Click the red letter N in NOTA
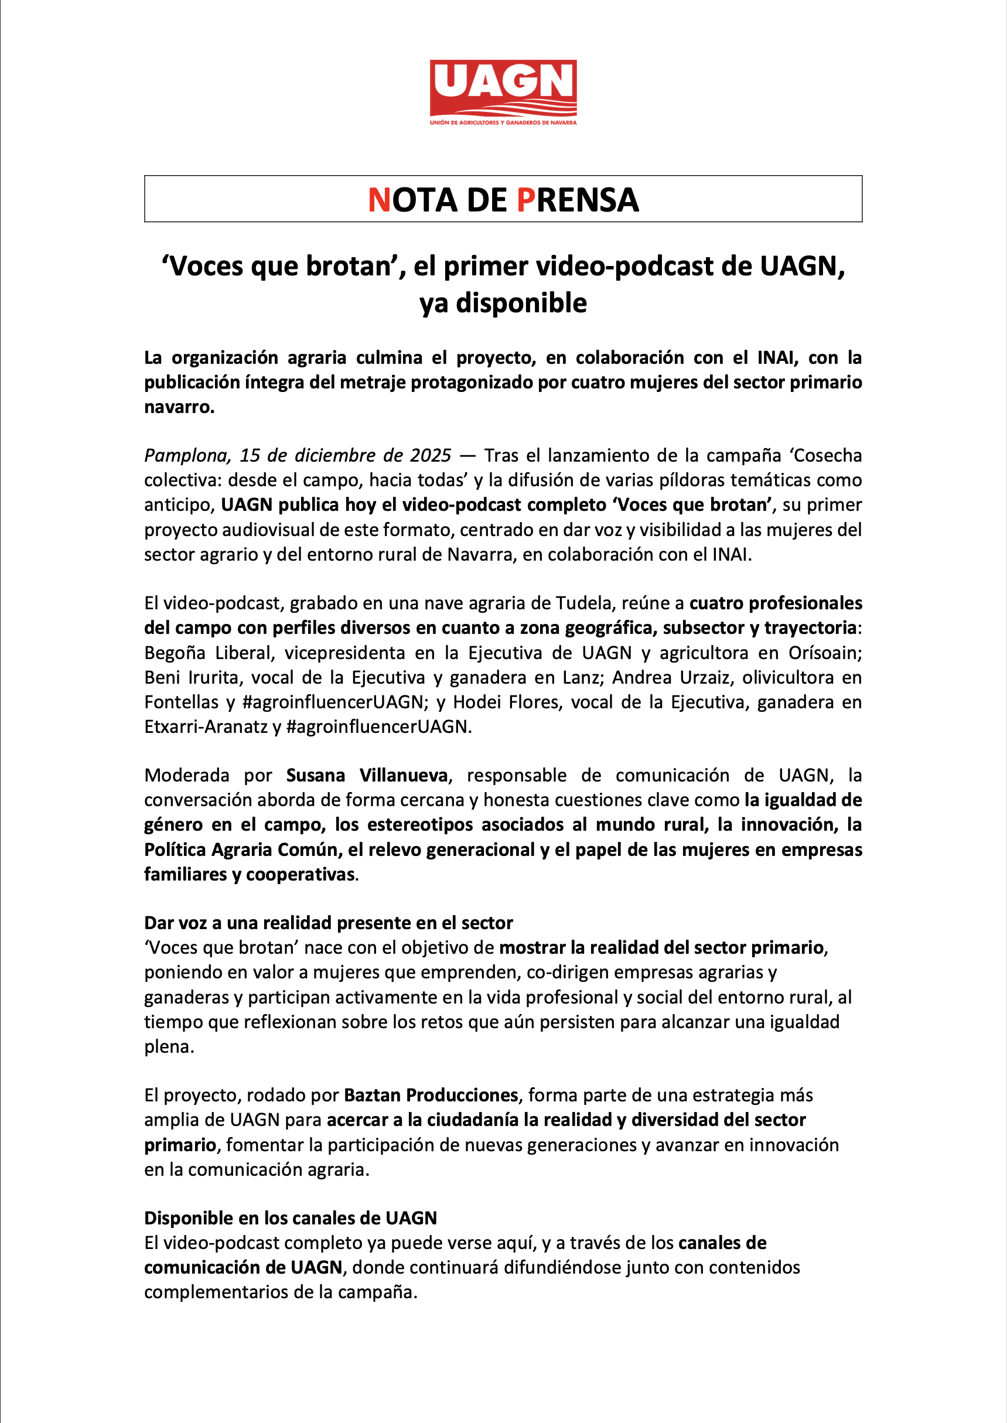tap(378, 200)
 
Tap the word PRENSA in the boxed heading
tap(577, 200)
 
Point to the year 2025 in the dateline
tap(431, 456)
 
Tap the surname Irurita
tap(213, 678)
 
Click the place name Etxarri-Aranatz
tap(206, 726)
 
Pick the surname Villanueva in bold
tap(404, 776)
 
